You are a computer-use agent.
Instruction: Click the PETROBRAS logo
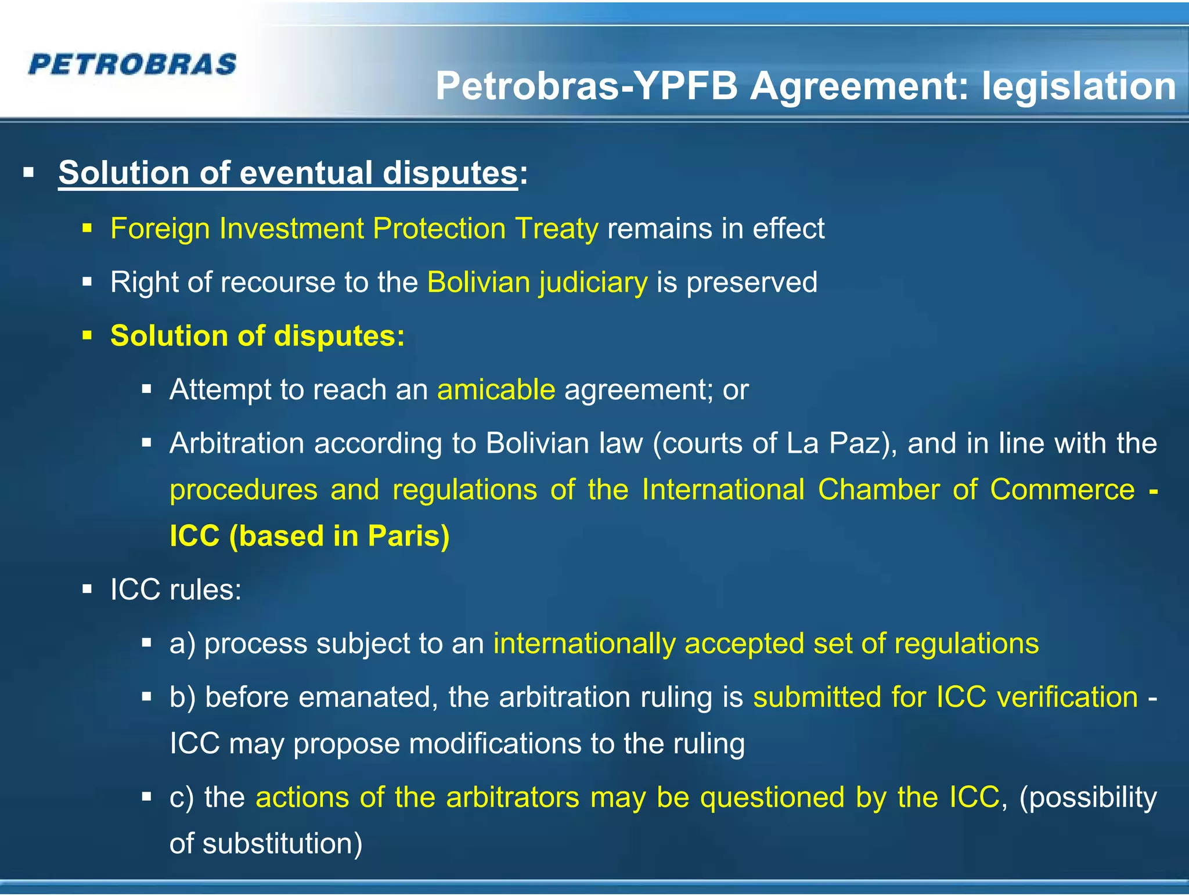tap(132, 64)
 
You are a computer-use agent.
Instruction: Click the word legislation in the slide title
tap(1079, 86)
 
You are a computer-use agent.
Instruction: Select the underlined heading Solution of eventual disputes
tap(287, 173)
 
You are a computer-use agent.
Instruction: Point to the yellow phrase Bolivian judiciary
tap(537, 283)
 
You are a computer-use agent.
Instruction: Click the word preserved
tap(752, 283)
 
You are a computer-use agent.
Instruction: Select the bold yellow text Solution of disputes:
tap(257, 336)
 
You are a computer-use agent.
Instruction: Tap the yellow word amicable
tap(496, 389)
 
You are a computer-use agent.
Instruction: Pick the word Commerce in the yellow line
tap(1062, 490)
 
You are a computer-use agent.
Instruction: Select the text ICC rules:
tap(176, 590)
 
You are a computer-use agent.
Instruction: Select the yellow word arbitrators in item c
tap(513, 797)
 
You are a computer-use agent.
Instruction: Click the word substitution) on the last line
tap(282, 844)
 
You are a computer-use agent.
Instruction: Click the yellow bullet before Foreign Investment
tap(88, 228)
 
